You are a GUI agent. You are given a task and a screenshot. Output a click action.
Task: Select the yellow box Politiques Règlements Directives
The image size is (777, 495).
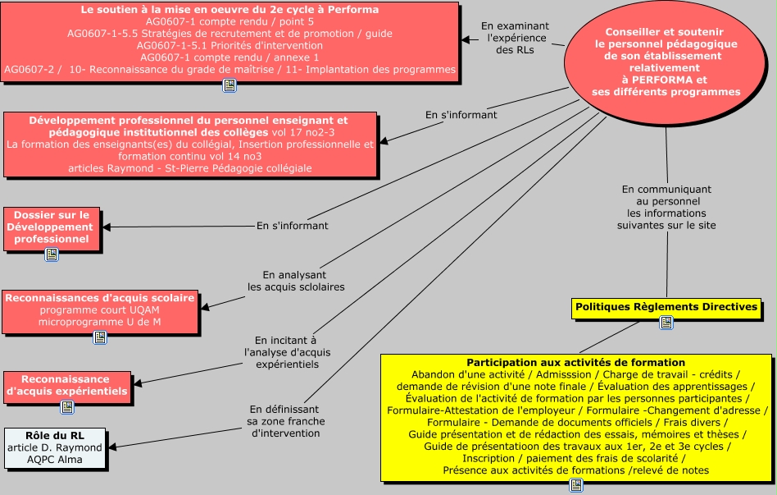coord(666,306)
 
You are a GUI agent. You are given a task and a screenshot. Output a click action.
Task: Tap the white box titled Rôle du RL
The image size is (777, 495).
coord(55,447)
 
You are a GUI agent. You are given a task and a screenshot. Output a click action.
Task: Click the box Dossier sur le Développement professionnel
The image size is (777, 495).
coord(52,227)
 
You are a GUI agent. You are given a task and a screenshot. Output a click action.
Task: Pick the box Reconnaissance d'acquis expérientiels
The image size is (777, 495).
coord(66,386)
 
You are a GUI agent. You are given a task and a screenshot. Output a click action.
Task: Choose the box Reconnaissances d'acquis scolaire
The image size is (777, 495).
coord(100,309)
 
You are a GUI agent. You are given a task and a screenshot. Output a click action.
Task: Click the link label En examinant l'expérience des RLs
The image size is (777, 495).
coord(514,38)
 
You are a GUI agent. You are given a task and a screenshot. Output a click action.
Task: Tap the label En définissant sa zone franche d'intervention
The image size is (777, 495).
coord(286,420)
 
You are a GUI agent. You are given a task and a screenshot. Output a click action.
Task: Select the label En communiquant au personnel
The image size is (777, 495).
coord(666,205)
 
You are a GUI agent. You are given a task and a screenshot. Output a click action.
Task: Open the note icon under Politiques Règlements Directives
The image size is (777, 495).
coord(666,323)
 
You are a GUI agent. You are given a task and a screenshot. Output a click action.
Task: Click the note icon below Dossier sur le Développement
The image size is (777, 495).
coord(52,254)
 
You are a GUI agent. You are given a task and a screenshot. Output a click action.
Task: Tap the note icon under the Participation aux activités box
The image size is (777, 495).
coord(576,485)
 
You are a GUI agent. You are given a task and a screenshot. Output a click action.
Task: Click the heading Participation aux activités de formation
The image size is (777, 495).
coord(575,362)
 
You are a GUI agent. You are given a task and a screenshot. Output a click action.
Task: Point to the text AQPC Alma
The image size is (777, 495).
coord(55,460)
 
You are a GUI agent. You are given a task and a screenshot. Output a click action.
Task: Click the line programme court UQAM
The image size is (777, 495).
coord(100,310)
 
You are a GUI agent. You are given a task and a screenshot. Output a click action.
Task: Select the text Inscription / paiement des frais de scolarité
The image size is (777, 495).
coord(575,458)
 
